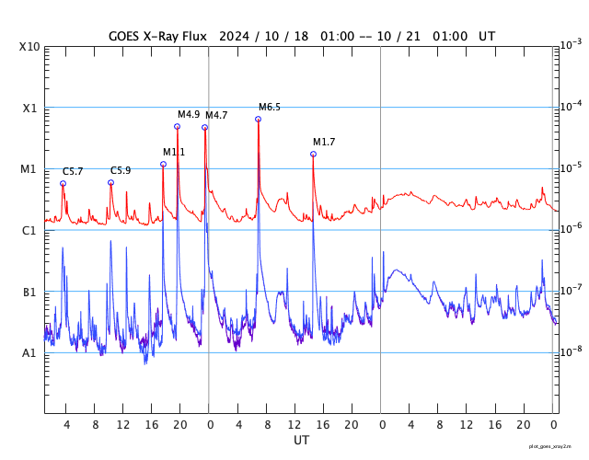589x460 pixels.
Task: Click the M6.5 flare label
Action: point(269,108)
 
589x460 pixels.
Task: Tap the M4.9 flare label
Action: point(189,114)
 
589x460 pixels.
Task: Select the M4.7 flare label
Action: point(216,115)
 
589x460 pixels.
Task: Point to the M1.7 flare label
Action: point(324,142)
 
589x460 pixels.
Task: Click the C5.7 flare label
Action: point(73,171)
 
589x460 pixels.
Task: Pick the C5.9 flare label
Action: point(121,170)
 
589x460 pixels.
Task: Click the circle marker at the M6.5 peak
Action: point(259,119)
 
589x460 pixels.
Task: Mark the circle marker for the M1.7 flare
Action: point(313,154)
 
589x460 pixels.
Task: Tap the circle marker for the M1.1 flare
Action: point(163,165)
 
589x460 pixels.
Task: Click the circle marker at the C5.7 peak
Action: point(63,183)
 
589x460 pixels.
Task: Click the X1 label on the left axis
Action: point(29,108)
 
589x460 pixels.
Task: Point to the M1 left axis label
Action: point(29,169)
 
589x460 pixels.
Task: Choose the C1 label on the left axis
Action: point(29,230)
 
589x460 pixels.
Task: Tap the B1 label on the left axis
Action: point(29,292)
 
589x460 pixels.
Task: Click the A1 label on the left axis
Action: point(29,353)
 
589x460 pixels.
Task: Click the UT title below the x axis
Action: point(301,441)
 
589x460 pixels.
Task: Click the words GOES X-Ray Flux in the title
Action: point(157,36)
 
